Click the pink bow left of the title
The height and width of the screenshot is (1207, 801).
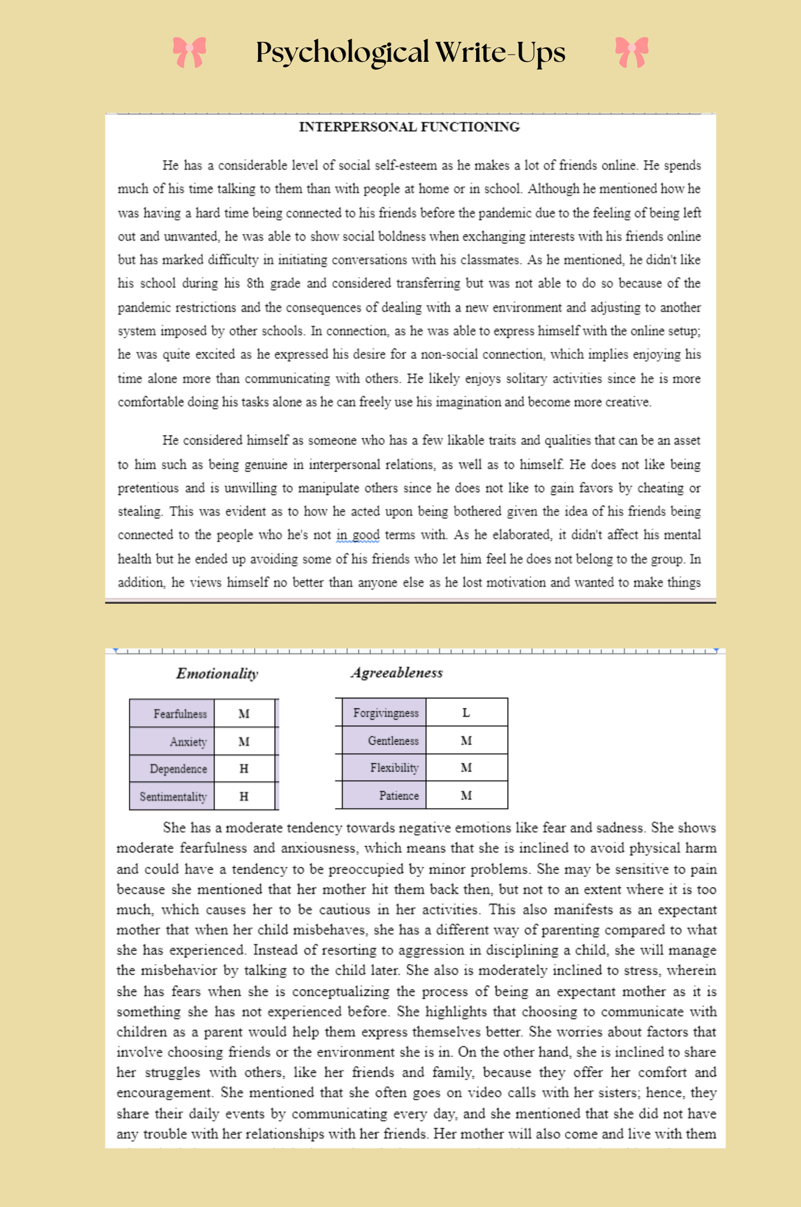click(x=189, y=52)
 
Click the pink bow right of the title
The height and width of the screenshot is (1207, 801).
click(x=631, y=52)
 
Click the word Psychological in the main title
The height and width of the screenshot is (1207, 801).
click(x=342, y=52)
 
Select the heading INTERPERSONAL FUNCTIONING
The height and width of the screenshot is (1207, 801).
click(x=409, y=127)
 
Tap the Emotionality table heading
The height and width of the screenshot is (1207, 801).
click(x=217, y=674)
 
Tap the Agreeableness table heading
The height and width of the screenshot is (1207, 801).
click(x=397, y=672)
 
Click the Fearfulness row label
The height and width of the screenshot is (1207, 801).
click(x=180, y=714)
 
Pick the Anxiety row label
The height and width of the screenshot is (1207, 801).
click(x=188, y=741)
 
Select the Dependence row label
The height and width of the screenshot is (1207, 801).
click(x=178, y=769)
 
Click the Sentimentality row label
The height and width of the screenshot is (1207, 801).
click(x=173, y=797)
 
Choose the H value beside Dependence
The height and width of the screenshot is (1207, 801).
click(x=244, y=769)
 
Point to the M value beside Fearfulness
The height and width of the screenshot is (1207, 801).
click(x=244, y=714)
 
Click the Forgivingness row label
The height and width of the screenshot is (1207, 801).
click(x=385, y=713)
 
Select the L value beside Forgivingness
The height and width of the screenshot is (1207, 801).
click(x=466, y=713)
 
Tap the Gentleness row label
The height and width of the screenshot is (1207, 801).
click(x=393, y=741)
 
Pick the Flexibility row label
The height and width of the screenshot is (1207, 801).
click(x=394, y=768)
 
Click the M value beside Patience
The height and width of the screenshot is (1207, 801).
click(x=466, y=796)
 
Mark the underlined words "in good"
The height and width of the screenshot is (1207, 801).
click(x=358, y=535)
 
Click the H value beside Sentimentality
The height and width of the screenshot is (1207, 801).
click(x=244, y=797)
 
